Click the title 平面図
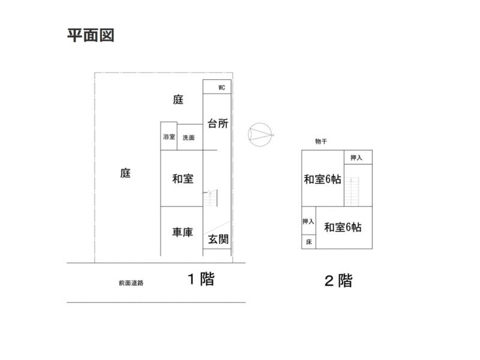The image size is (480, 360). (x=90, y=35)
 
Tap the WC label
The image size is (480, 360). (x=221, y=88)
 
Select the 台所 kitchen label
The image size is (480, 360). (x=217, y=124)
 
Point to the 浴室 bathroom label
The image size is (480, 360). (x=169, y=137)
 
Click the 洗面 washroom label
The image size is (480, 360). (x=188, y=138)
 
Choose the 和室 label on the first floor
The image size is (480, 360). (x=182, y=178)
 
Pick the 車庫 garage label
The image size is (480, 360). (x=182, y=232)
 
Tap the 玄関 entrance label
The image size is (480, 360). (x=218, y=239)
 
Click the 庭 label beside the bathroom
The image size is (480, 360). (x=178, y=100)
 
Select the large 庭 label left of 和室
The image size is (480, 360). (x=125, y=173)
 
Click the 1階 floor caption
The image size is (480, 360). (x=200, y=279)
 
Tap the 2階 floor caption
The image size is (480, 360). (x=338, y=280)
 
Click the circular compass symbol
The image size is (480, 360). (x=260, y=134)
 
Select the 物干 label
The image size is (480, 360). (x=321, y=142)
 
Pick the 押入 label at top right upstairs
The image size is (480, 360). (x=357, y=158)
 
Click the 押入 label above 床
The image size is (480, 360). (x=308, y=221)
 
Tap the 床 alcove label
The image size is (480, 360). (x=308, y=242)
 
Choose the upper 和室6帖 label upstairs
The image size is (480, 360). (x=323, y=179)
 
